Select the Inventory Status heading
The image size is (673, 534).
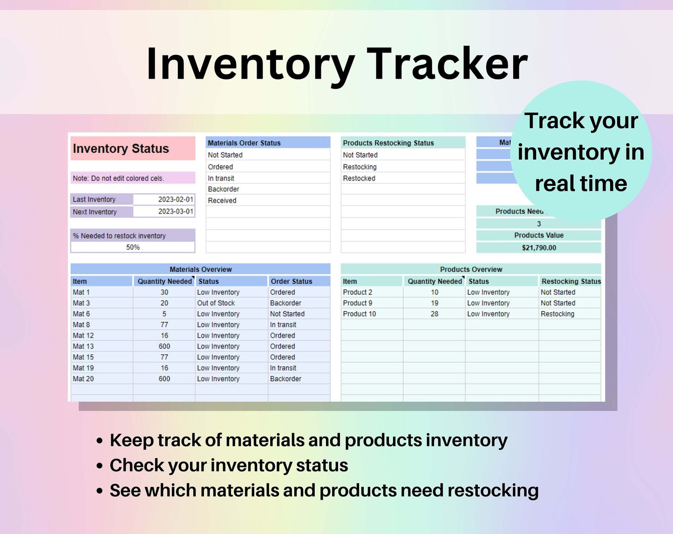click(x=121, y=149)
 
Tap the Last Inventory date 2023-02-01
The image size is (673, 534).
click(x=176, y=199)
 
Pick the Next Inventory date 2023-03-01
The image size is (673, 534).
click(x=176, y=211)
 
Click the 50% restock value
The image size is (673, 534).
click(x=133, y=247)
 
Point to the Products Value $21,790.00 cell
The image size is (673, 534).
click(x=539, y=248)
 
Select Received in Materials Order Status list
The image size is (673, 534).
click(x=222, y=200)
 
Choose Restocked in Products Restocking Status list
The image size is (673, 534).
click(x=359, y=178)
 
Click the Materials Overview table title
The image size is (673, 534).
click(x=201, y=269)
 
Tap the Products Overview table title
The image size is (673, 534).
click(x=471, y=269)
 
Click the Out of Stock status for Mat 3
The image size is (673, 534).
click(x=216, y=303)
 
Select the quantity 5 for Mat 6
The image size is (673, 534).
click(x=164, y=314)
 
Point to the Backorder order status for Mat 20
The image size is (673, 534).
click(x=286, y=379)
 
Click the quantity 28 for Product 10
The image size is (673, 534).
click(x=435, y=314)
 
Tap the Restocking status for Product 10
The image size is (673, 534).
click(x=557, y=314)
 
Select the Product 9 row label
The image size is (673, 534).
click(x=357, y=303)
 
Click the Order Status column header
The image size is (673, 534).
click(x=292, y=281)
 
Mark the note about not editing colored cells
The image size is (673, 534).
click(x=118, y=178)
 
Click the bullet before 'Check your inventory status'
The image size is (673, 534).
click(x=100, y=466)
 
